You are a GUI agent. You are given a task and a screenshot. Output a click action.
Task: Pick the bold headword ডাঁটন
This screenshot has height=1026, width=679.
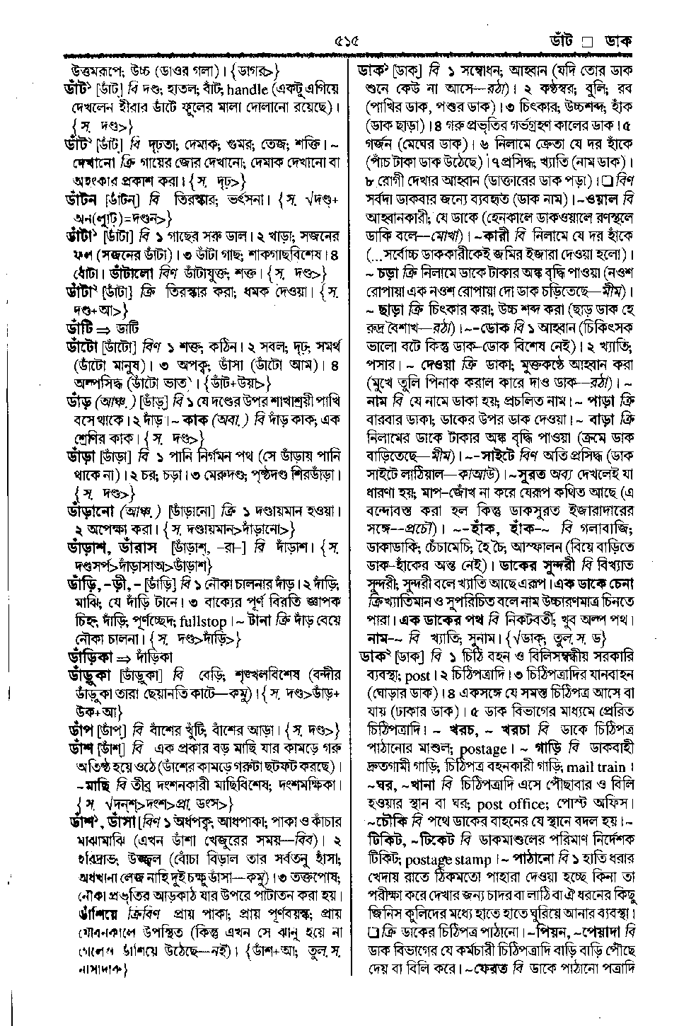[x=83, y=200]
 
